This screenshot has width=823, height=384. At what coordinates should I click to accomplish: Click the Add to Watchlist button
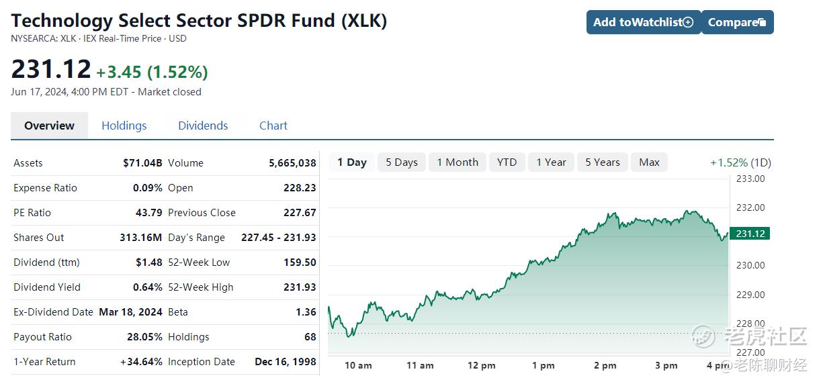pos(644,22)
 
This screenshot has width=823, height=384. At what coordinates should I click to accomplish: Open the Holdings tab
pos(124,126)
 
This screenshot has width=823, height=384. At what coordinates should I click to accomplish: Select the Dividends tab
pos(203,126)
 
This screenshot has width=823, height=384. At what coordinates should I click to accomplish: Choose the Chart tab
pos(273,126)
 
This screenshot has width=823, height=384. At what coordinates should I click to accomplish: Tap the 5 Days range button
pos(402,162)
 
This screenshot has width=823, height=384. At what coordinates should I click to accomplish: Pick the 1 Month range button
pos(458,162)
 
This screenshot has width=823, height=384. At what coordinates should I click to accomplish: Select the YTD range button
pos(507,162)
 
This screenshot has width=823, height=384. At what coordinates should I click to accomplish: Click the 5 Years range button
pos(603,162)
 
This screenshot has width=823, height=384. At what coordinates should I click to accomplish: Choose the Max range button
pos(649,162)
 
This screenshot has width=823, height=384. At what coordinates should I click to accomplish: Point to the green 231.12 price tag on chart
pos(750,234)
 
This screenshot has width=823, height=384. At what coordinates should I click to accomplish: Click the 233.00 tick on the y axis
pos(750,179)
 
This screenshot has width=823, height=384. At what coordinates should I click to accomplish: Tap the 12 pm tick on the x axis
pos(481,366)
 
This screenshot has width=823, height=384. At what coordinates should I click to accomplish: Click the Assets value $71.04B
pos(142,163)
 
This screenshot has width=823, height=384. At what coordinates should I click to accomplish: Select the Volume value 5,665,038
pos(292,163)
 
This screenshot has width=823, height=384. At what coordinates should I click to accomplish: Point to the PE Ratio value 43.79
pos(148,213)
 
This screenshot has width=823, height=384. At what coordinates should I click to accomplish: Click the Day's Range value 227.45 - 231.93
pos(279,238)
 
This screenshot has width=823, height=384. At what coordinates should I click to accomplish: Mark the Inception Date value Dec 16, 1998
pos(286,362)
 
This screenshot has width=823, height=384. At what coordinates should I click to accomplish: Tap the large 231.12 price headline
pos(51,69)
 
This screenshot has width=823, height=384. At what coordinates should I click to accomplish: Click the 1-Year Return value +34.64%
pos(142,362)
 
